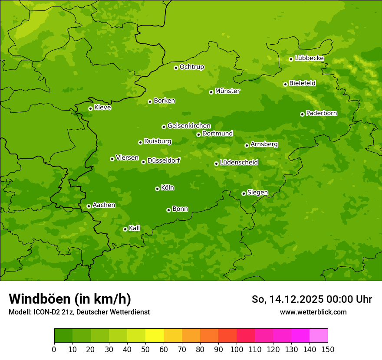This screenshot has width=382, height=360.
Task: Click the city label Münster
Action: (x=227, y=91)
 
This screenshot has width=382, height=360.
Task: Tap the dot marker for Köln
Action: (x=157, y=189)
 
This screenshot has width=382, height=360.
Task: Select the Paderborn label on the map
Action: (x=321, y=113)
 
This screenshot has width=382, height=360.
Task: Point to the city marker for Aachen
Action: (x=89, y=206)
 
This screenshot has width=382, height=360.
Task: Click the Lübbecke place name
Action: (x=309, y=58)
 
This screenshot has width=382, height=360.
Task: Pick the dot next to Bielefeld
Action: (x=285, y=84)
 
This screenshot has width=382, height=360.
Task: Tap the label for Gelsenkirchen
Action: (x=189, y=126)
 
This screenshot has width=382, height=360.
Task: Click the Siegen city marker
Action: (x=244, y=193)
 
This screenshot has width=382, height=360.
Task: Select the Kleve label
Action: (x=102, y=108)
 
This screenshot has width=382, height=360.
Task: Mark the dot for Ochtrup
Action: (x=176, y=68)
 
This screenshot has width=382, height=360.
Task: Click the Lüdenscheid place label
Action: (x=239, y=163)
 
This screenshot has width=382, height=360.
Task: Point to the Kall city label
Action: (x=135, y=228)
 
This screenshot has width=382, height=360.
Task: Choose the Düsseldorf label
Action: (x=164, y=160)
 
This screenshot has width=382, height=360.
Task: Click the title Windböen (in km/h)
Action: (x=70, y=299)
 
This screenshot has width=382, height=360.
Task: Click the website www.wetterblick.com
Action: (x=313, y=312)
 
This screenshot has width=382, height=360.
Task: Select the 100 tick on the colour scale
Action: (x=237, y=349)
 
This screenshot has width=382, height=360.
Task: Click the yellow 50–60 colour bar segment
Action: (x=155, y=336)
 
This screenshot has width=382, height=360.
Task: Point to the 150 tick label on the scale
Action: (x=327, y=349)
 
